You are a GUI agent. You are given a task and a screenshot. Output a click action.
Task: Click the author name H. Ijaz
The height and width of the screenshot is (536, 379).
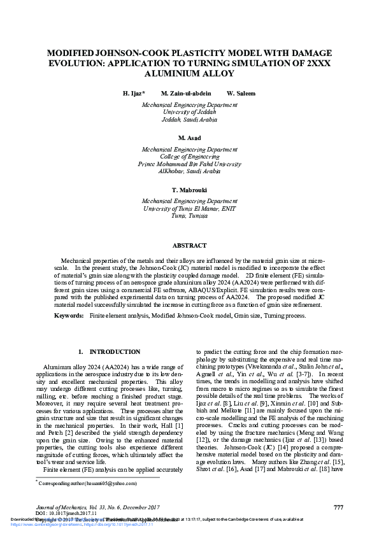click(x=134, y=93)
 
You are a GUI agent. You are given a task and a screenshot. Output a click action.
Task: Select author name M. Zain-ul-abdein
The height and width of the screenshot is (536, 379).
click(x=186, y=93)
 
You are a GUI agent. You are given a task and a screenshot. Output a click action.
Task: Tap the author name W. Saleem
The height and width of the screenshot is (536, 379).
click(x=241, y=93)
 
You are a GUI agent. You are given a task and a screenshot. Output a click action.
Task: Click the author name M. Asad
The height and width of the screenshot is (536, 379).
click(x=189, y=138)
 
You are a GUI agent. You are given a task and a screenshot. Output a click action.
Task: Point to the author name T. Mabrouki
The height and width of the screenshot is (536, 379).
click(x=189, y=190)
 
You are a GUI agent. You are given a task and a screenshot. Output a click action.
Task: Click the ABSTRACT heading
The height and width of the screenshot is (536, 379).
click(x=189, y=245)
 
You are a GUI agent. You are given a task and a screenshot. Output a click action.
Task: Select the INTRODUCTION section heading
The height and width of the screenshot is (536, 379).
click(x=109, y=351)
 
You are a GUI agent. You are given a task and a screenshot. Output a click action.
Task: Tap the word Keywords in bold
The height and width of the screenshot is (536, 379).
click(x=68, y=315)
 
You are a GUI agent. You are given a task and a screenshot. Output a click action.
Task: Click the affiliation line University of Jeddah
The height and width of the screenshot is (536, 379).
click(x=189, y=111)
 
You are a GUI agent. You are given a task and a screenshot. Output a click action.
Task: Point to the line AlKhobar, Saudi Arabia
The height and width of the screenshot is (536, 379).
click(x=189, y=171)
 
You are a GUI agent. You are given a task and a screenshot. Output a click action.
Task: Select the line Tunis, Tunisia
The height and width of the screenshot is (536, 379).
click(x=189, y=216)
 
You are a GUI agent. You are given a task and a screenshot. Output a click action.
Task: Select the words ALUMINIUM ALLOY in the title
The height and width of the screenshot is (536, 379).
click(x=189, y=73)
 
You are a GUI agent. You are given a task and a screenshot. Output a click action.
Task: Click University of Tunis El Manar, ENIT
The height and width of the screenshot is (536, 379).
click(x=189, y=208)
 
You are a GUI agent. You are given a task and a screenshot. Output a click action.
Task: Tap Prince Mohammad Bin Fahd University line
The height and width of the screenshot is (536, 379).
click(x=189, y=163)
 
